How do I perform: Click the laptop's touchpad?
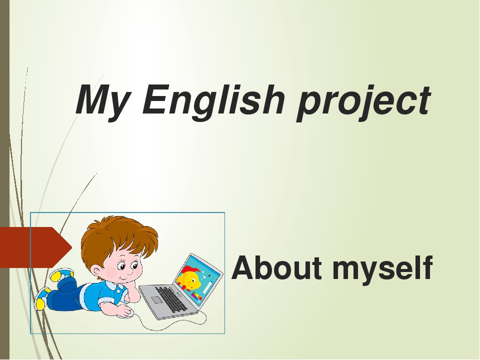point(157,300)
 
